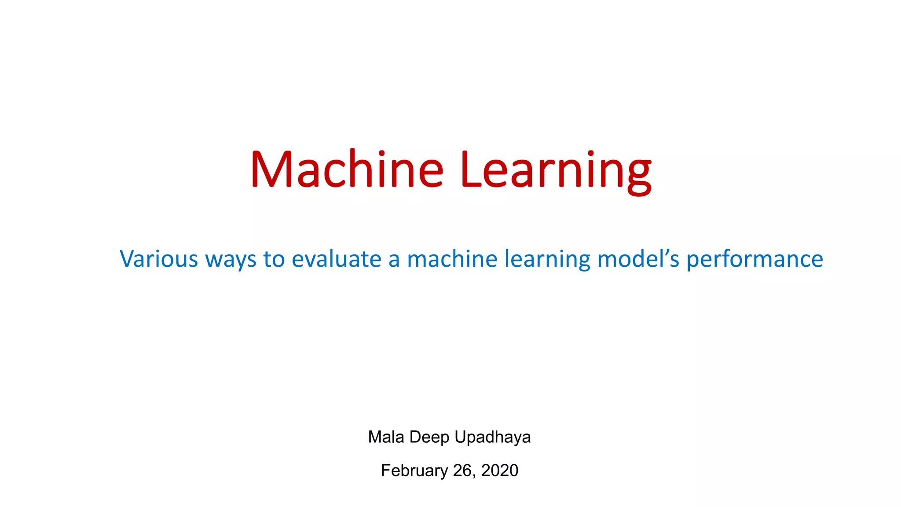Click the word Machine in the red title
tap(347, 170)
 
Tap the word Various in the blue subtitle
tap(159, 259)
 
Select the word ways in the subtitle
tap(231, 260)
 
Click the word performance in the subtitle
tap(754, 260)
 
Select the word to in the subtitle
tap(274, 259)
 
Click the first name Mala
tap(386, 437)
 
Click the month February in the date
tap(414, 471)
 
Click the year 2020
tap(499, 470)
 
